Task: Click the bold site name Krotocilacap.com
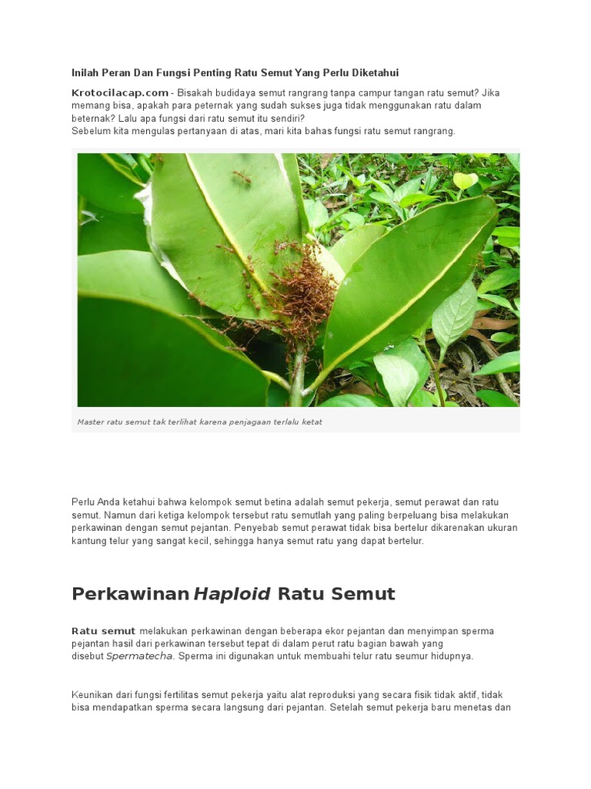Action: (x=120, y=92)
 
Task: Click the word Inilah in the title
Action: (x=85, y=73)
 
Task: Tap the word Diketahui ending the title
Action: (x=375, y=73)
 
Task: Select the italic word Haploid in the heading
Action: (x=232, y=594)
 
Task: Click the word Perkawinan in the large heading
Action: (x=130, y=594)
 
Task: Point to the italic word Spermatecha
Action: (x=140, y=656)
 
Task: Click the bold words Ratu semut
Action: (x=103, y=631)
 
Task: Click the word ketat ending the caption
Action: (x=312, y=422)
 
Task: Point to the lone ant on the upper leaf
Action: (x=242, y=178)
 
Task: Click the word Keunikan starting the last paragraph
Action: (x=94, y=695)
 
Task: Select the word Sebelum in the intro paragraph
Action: (x=90, y=131)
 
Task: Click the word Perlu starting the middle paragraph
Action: (x=84, y=502)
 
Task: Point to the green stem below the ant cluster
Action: (x=297, y=381)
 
